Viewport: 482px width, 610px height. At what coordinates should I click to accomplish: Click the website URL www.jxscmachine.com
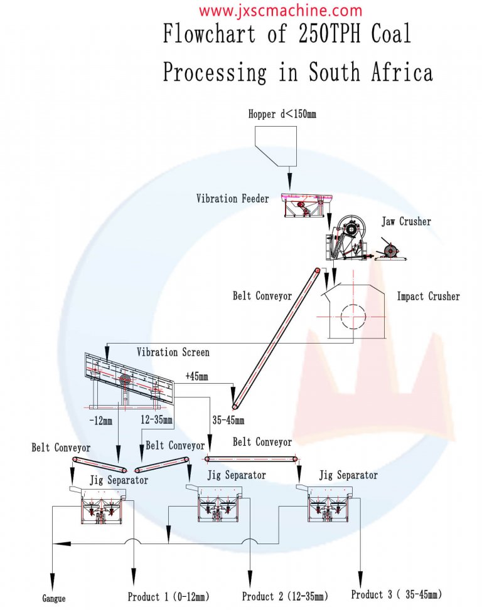281,11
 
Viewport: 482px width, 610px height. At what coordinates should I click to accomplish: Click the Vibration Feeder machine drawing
305,204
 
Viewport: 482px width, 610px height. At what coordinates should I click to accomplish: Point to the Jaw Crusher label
406,221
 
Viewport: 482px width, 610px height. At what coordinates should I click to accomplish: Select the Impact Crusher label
428,296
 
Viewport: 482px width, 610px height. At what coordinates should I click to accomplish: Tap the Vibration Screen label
173,352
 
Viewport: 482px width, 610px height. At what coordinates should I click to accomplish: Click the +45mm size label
196,376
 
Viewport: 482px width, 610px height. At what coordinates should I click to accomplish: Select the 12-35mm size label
156,419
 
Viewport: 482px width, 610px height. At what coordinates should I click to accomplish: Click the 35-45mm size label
228,420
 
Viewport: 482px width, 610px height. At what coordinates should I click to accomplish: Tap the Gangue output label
54,599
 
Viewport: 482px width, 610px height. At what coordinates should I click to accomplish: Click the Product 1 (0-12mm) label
168,596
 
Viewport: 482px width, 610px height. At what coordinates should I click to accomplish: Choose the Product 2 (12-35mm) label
285,596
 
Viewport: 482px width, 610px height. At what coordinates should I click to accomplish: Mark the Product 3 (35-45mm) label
396,594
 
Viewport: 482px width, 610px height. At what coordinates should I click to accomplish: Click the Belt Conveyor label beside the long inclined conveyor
262,296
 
